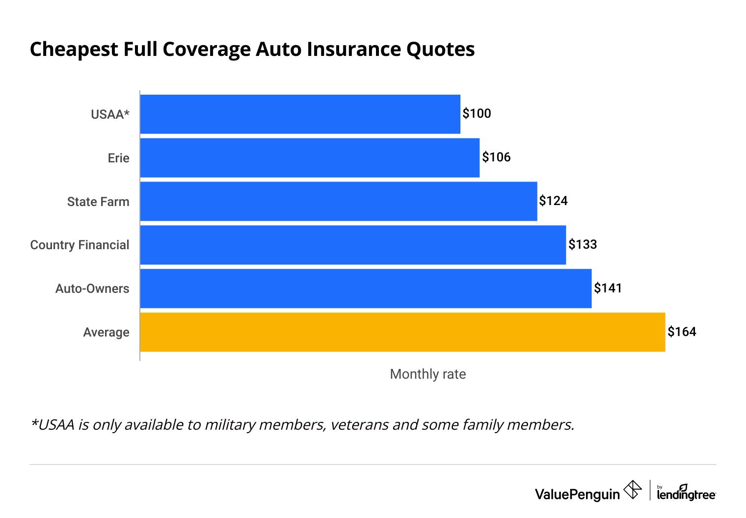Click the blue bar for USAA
300,114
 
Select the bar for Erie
310,158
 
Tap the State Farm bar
339,202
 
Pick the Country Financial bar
353,245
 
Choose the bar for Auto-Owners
366,288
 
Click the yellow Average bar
402,332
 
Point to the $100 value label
477,114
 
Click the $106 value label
496,157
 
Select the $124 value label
553,201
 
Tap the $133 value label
583,244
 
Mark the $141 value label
608,288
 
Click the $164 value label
682,332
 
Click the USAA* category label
110,115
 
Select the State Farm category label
98,202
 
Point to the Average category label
106,333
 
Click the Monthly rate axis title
427,374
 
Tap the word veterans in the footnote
359,424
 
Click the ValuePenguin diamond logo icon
632,490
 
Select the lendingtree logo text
686,494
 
